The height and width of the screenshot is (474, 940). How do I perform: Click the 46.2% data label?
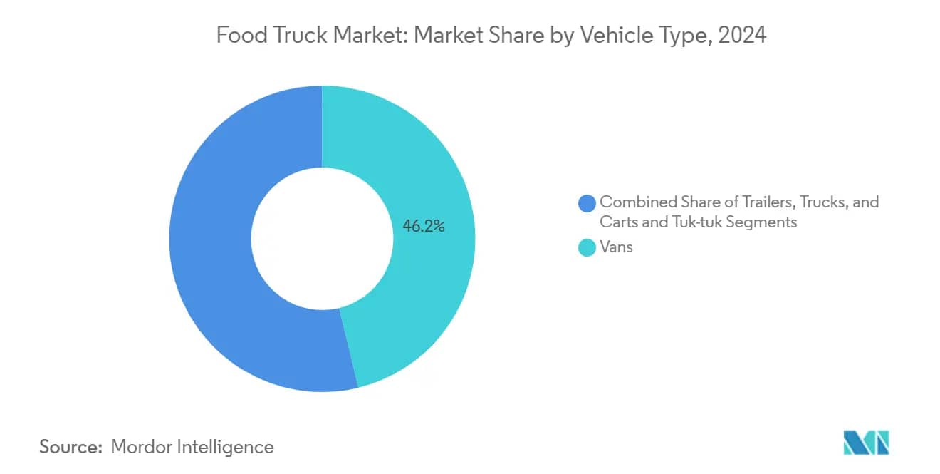tap(424, 227)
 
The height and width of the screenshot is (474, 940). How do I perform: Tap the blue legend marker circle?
tap(587, 203)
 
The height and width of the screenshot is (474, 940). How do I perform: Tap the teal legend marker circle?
tap(587, 248)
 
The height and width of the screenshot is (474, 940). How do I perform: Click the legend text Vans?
tap(616, 248)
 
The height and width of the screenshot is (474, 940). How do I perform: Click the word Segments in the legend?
tap(764, 222)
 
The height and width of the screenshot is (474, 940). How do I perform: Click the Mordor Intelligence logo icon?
tap(866, 443)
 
